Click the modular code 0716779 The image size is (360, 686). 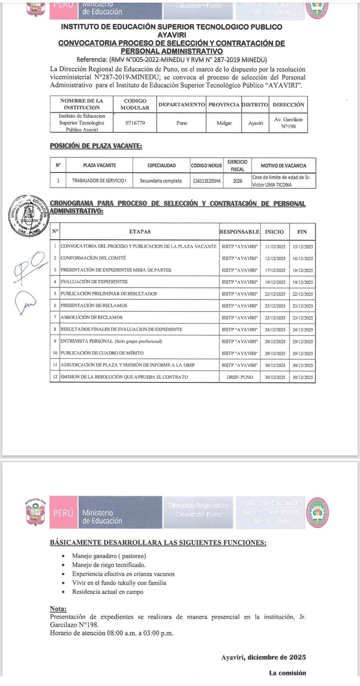pos(135,123)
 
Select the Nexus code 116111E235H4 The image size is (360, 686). pos(206,181)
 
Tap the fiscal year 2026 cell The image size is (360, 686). pos(237,181)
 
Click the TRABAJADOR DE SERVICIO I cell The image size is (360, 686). pos(99,181)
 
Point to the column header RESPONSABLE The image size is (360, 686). pos(239,232)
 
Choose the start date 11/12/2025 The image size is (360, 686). pos(275,247)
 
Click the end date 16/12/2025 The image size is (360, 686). pos(302,259)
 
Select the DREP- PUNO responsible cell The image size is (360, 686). pos(240,377)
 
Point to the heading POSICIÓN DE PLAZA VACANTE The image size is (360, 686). pos(96,146)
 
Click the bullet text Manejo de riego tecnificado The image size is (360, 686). pos(109,565)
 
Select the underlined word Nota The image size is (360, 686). pos(58,609)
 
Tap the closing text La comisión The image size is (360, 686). pos(287,673)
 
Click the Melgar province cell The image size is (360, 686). pos(224,123)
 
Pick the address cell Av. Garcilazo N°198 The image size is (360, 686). pos(288,123)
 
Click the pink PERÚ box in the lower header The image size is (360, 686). pos(63,513)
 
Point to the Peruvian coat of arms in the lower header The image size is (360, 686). pos(36,512)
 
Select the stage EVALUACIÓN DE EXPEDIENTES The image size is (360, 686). pos(94,282)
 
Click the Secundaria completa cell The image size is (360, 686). pos(161,181)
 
